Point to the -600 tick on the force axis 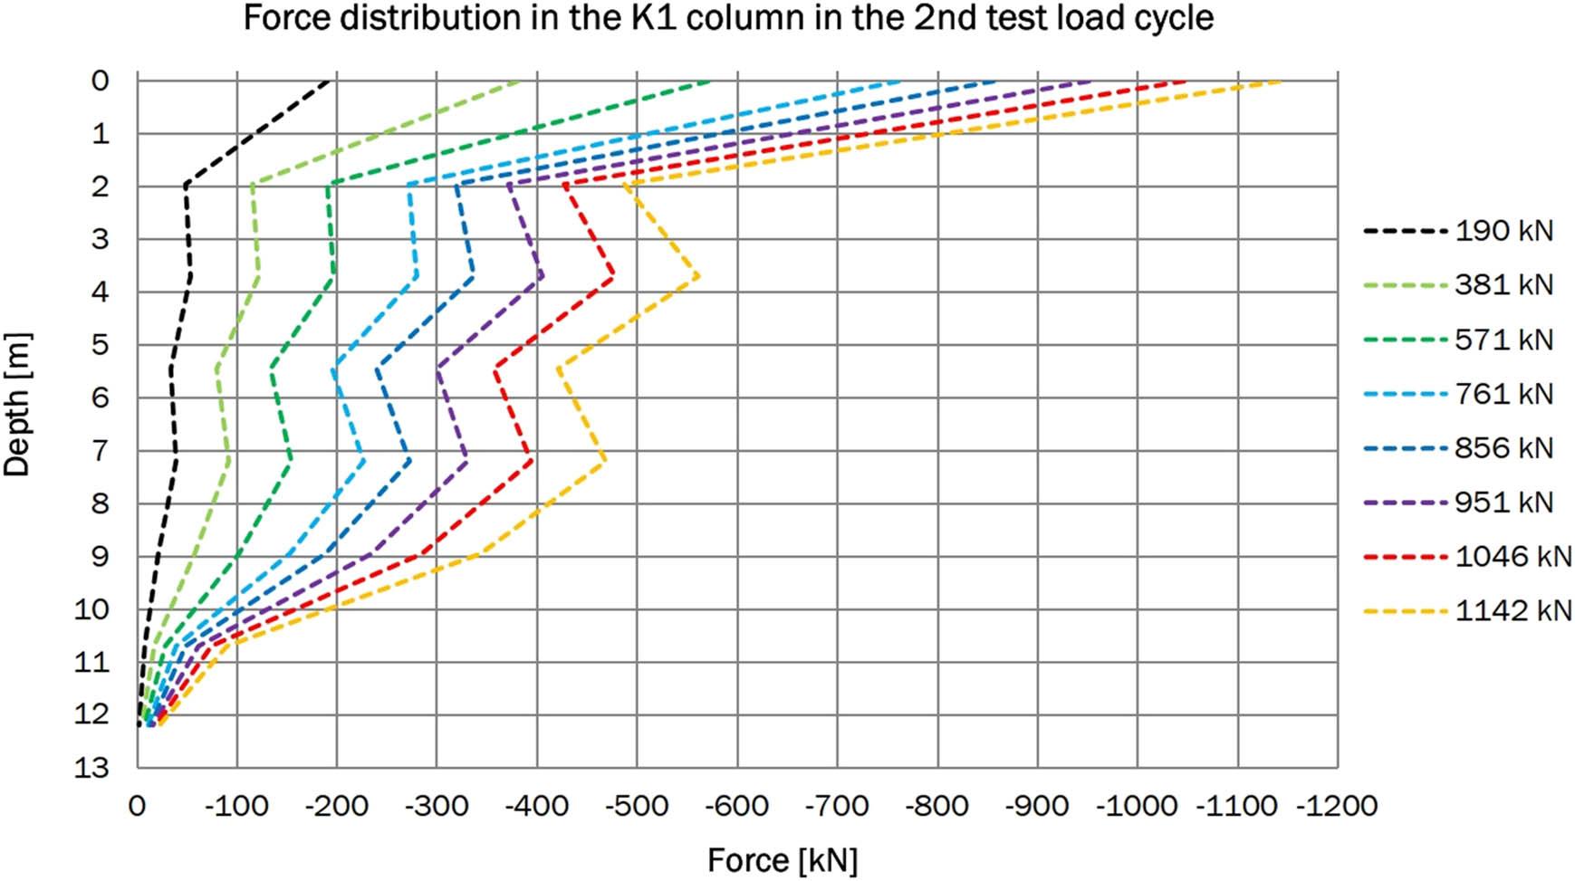(737, 806)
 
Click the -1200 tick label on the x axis (1337, 806)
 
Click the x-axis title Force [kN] (783, 860)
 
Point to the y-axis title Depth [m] (17, 405)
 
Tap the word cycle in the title (1171, 18)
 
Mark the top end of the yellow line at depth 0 (1280, 81)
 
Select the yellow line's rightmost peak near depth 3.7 (697, 276)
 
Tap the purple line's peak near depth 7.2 (467, 462)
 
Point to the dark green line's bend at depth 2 (328, 186)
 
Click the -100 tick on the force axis (237, 806)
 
